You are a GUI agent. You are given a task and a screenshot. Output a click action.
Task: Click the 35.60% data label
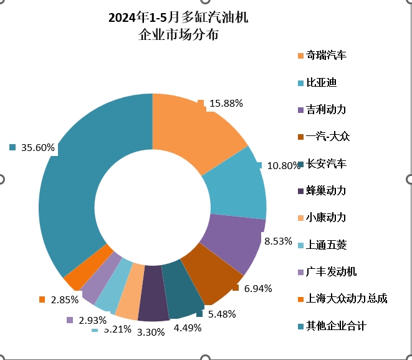[38, 148]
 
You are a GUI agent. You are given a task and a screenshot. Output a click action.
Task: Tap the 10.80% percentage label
[284, 166]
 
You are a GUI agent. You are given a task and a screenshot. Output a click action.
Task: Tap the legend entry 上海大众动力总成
[347, 299]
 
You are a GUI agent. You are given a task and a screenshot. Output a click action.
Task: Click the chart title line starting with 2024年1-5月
[178, 17]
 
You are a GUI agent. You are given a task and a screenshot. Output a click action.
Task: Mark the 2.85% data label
[65, 299]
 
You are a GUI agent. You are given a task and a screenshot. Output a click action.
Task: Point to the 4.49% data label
[187, 328]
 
